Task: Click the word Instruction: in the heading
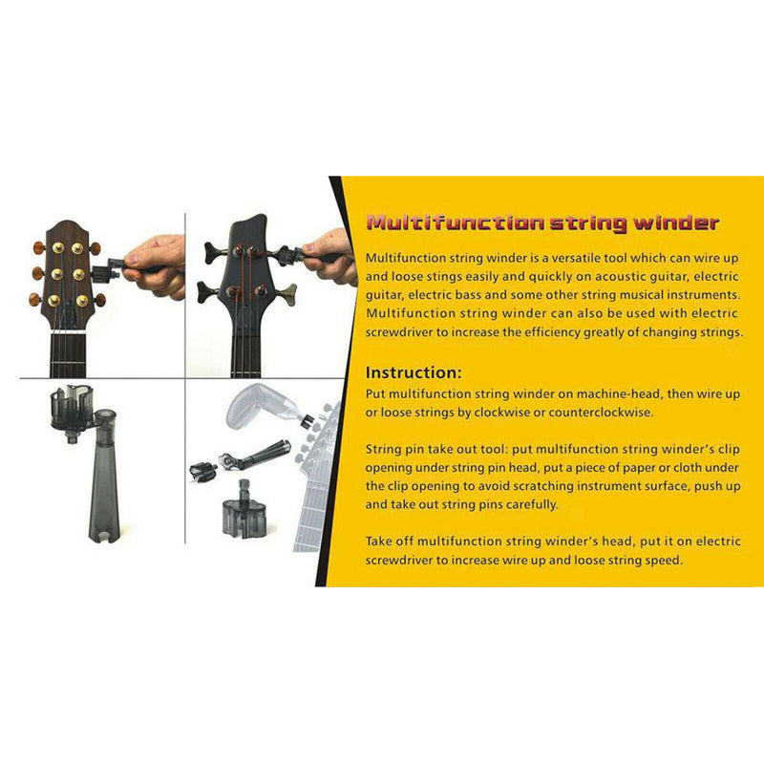click(x=414, y=372)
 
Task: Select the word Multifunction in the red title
click(x=456, y=223)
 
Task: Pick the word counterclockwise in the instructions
click(x=601, y=413)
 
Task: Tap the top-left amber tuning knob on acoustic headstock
click(x=39, y=248)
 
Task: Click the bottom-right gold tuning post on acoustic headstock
click(x=82, y=300)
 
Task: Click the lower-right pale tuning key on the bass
click(x=288, y=294)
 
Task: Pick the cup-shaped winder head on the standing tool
click(x=72, y=408)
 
